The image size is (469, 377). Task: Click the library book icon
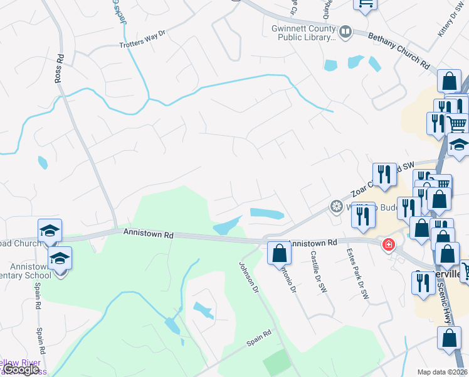pyautogui.click(x=345, y=31)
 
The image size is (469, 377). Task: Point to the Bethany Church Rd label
pyautogui.click(x=399, y=52)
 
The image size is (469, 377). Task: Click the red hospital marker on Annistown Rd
pyautogui.click(x=389, y=244)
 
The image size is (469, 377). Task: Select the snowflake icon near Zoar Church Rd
pyautogui.click(x=337, y=206)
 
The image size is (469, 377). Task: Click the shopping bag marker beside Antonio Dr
pyautogui.click(x=278, y=253)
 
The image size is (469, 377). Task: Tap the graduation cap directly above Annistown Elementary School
pyautogui.click(x=60, y=258)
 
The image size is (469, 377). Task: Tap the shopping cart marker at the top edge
pyautogui.click(x=366, y=3)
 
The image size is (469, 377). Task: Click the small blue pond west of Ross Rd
pyautogui.click(x=43, y=163)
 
